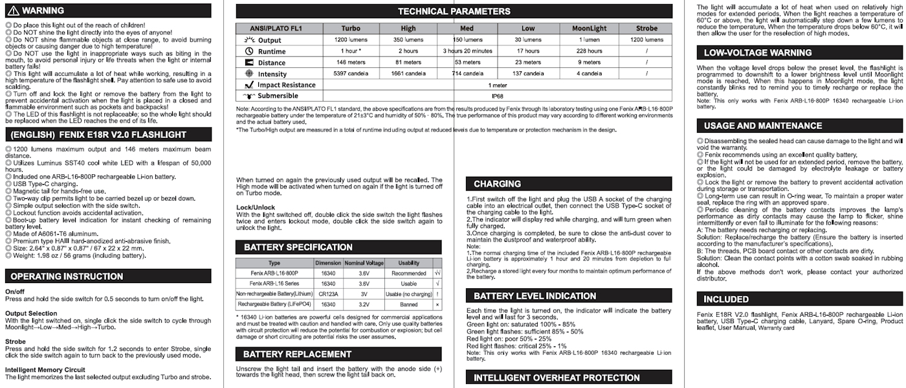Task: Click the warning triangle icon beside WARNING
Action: [x=12, y=10]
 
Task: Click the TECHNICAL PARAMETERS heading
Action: [x=454, y=11]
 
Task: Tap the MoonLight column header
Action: [x=589, y=29]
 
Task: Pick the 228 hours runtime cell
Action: [x=589, y=51]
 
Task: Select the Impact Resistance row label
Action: [x=286, y=85]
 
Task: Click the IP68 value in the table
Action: [x=497, y=96]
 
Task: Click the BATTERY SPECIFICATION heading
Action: [x=298, y=247]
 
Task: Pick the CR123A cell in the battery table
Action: [x=327, y=293]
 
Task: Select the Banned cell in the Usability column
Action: [x=408, y=304]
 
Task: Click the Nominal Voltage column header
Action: [x=364, y=263]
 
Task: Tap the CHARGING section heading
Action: [x=497, y=184]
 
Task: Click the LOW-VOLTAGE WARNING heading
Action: [x=749, y=53]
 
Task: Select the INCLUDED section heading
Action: [x=726, y=299]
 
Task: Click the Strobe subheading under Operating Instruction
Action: [x=16, y=341]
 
